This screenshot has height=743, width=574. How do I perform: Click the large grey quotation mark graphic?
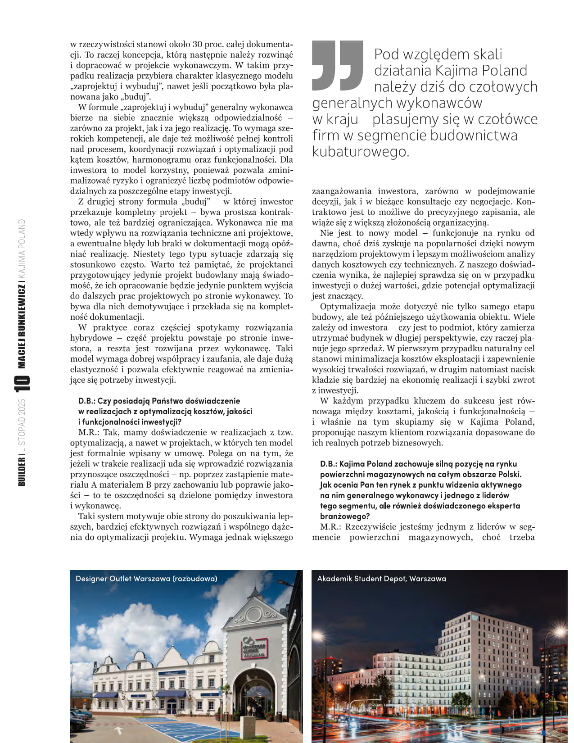[337, 65]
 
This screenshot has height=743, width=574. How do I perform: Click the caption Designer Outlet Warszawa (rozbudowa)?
[146, 579]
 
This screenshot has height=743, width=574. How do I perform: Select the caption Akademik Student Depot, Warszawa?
[381, 579]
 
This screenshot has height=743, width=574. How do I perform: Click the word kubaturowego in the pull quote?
[360, 151]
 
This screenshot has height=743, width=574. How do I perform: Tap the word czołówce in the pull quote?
[507, 119]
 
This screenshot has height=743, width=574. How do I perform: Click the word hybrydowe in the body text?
[91, 338]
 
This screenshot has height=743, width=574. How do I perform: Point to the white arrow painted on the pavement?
[119, 729]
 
